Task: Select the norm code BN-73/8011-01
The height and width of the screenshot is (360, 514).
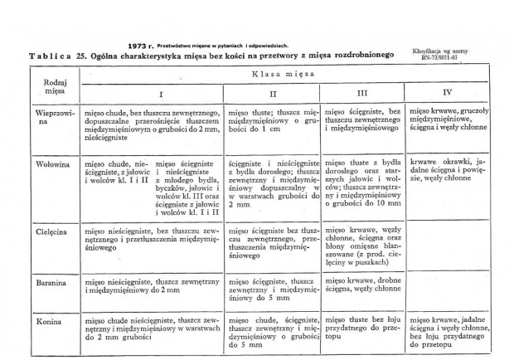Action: [x=439, y=58]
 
